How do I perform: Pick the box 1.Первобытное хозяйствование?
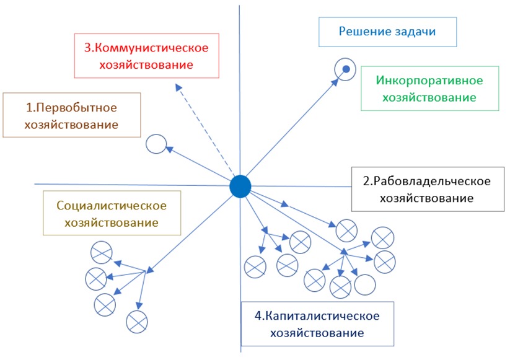click(x=71, y=115)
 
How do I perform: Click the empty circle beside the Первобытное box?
click(x=156, y=145)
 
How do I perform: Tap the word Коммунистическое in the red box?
click(x=154, y=48)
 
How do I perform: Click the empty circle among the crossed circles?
click(x=365, y=284)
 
